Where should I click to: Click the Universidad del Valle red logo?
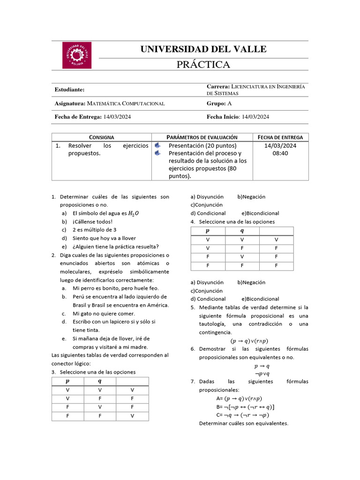coord(77,55)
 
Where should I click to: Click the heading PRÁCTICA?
coord(203,65)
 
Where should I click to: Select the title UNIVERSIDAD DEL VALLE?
coord(203,49)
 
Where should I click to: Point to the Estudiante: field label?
coord(69,90)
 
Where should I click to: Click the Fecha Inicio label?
coord(223,117)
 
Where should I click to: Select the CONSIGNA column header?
coord(102,137)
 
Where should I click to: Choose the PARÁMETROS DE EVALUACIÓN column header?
coord(202,137)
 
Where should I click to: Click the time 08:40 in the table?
coord(280,153)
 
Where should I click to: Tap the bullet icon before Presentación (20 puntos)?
coord(157,146)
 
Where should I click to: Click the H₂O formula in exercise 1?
coord(134,214)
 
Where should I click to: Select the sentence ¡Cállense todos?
coord(93,222)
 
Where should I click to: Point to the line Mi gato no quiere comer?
coord(104,314)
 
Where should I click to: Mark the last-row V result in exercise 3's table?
coord(132,415)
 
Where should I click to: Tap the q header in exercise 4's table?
coord(242,231)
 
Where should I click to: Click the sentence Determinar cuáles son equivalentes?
coord(243,423)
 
